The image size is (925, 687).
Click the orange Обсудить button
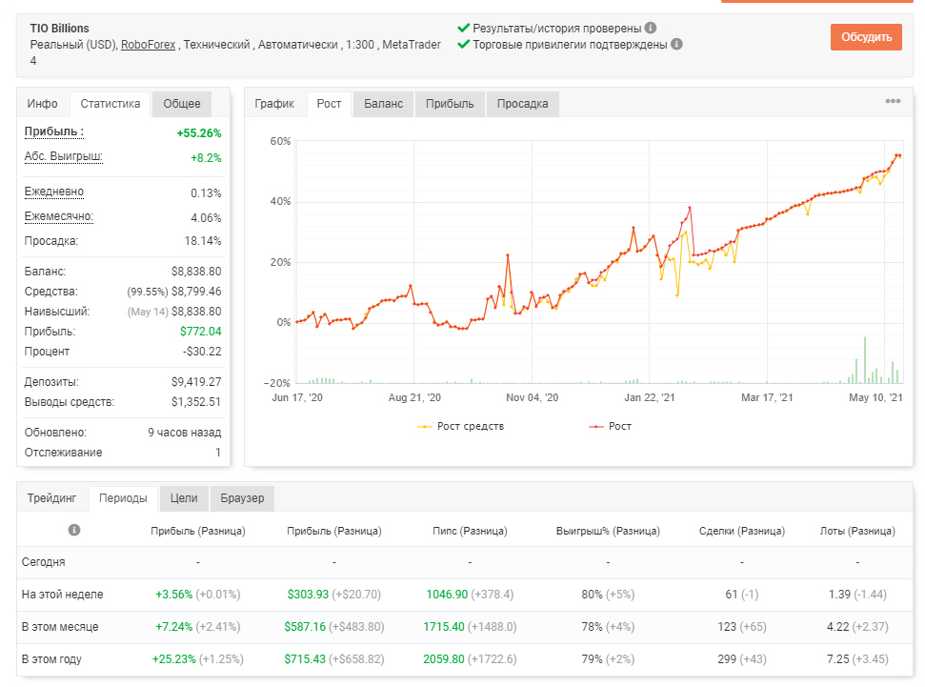866,37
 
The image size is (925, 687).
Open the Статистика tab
111,104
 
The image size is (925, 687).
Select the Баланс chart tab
384,104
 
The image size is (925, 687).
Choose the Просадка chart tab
522,104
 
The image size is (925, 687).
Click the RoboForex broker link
148,45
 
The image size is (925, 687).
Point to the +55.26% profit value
199,133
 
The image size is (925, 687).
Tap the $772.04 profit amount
201,332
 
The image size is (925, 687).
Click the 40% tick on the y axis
280,201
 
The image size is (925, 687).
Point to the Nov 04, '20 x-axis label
533,397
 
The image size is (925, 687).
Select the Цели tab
184,498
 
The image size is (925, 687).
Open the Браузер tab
243,498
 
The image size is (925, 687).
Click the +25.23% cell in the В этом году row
174,659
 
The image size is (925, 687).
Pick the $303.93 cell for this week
308,595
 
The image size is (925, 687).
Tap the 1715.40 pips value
444,627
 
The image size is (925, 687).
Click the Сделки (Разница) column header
741,531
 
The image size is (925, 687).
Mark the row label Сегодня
44,562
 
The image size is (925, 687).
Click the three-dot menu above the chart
893,101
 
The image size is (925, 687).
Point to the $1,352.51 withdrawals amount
196,402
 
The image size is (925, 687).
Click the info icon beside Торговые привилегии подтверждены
676,44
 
